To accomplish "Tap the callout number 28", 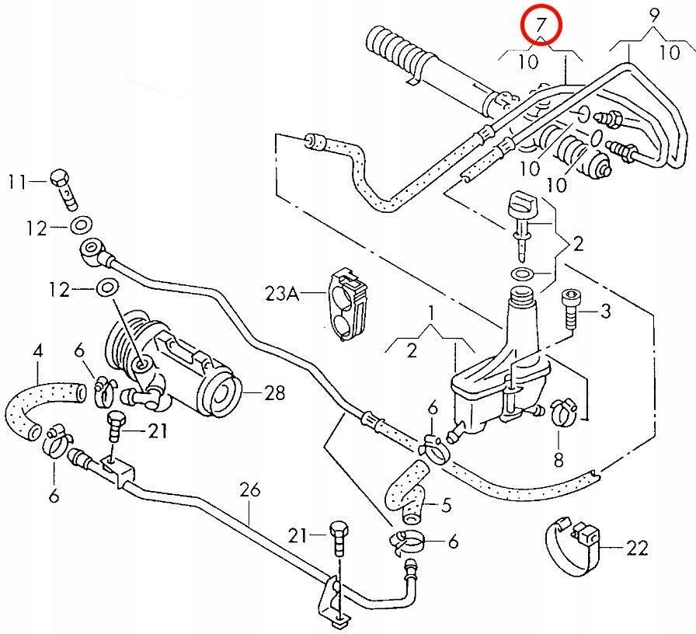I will (274, 393).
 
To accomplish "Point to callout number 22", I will (636, 549).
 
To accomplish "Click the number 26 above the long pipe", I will (249, 491).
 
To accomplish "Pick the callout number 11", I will (18, 182).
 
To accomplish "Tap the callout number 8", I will (558, 459).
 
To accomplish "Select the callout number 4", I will (37, 351).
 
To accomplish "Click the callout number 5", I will (445, 506).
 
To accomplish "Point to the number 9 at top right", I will (654, 13).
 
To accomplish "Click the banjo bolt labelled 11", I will (64, 186).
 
